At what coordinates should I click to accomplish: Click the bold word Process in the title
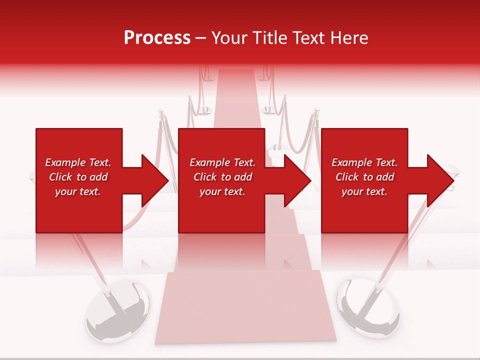point(157,38)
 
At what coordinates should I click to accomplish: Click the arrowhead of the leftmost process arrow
point(155,180)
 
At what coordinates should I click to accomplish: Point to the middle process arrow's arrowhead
point(297,180)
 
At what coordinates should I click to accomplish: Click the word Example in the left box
point(65,162)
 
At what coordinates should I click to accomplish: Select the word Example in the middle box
point(209,162)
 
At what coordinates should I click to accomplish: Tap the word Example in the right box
point(351,162)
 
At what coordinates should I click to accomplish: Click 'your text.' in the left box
point(78,191)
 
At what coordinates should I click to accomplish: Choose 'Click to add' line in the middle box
point(222,177)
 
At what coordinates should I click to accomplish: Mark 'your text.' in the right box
point(364,191)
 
